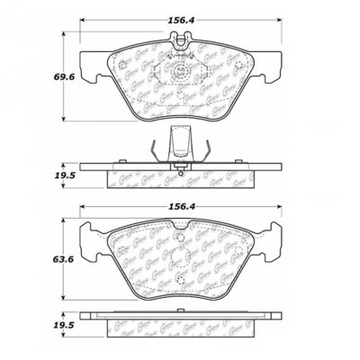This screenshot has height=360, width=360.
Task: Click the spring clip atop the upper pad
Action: [x=184, y=39]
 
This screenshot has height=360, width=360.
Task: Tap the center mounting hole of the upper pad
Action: [x=184, y=75]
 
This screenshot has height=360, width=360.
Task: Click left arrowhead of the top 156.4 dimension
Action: [x=82, y=22]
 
